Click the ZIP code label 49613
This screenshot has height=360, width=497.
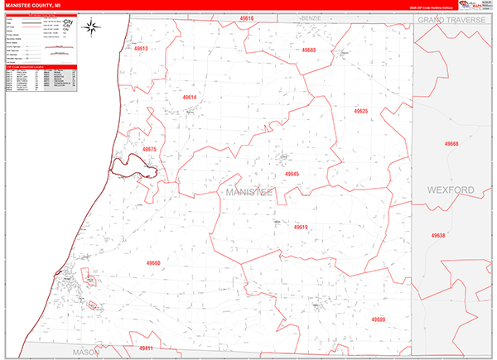tap(140, 49)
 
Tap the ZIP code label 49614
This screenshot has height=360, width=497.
tap(190, 98)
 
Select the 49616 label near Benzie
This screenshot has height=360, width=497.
tap(248, 17)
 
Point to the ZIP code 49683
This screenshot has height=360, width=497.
tap(309, 50)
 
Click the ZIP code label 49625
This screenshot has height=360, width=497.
tap(360, 110)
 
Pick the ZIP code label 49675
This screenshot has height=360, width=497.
tap(150, 149)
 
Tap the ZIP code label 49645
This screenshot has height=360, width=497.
tap(292, 174)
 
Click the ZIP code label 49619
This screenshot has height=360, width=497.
tap(301, 227)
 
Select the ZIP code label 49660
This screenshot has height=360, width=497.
tap(152, 262)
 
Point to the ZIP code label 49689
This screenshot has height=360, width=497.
tap(379, 319)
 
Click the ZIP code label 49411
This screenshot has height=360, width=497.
tap(146, 348)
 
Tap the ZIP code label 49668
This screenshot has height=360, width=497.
tap(451, 143)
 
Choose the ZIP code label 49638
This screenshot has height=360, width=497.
tap(438, 235)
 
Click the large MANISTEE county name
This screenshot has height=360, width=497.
tap(248, 192)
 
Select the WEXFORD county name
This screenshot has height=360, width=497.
tap(451, 190)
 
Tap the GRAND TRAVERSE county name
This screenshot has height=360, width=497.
tap(455, 18)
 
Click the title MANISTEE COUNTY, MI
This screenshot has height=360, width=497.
tap(33, 5)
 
